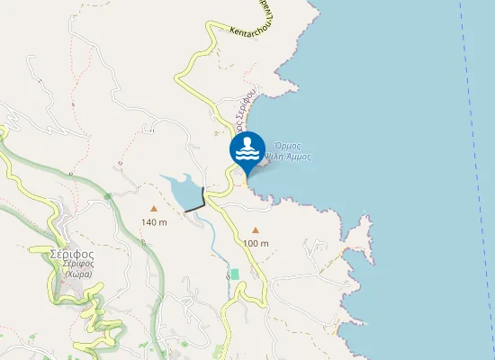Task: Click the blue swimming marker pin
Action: (x=247, y=150)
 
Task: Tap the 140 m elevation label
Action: (x=154, y=222)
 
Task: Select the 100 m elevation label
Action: (x=256, y=243)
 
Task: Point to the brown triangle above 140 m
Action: (x=154, y=208)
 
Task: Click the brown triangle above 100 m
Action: (x=256, y=229)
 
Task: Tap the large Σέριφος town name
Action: (x=72, y=253)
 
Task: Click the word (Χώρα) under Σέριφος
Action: (x=72, y=274)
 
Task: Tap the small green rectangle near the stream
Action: (x=234, y=273)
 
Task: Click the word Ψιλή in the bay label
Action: (x=280, y=156)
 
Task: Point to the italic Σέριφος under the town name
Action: (x=72, y=265)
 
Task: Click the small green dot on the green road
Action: (x=108, y=195)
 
